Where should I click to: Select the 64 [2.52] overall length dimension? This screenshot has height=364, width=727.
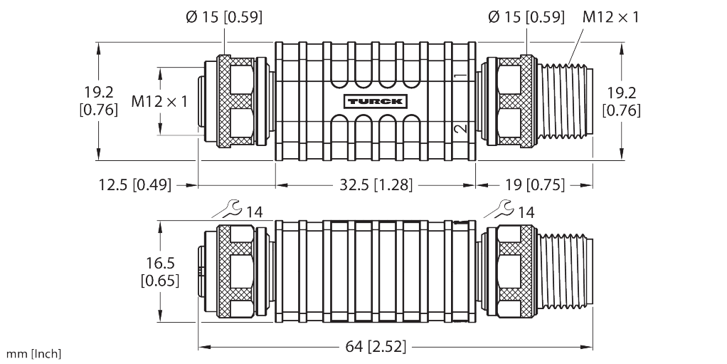[376, 346]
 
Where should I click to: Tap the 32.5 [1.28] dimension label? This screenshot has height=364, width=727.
[376, 184]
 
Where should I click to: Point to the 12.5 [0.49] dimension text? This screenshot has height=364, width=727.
[135, 184]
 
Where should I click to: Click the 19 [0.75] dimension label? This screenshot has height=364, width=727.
[535, 184]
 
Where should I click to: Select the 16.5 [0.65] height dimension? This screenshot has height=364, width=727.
[160, 271]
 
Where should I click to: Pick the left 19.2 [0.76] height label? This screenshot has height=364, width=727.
[99, 101]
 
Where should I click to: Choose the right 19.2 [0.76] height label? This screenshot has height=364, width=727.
[621, 101]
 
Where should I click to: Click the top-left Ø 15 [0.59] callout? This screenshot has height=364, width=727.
[224, 17]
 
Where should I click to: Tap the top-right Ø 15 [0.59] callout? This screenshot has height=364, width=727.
[526, 17]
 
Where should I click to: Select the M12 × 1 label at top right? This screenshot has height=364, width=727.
[610, 17]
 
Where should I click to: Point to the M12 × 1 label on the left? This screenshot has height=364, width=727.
[159, 101]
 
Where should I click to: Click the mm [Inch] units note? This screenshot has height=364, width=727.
[33, 354]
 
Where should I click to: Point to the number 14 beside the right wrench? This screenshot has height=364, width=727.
[526, 213]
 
